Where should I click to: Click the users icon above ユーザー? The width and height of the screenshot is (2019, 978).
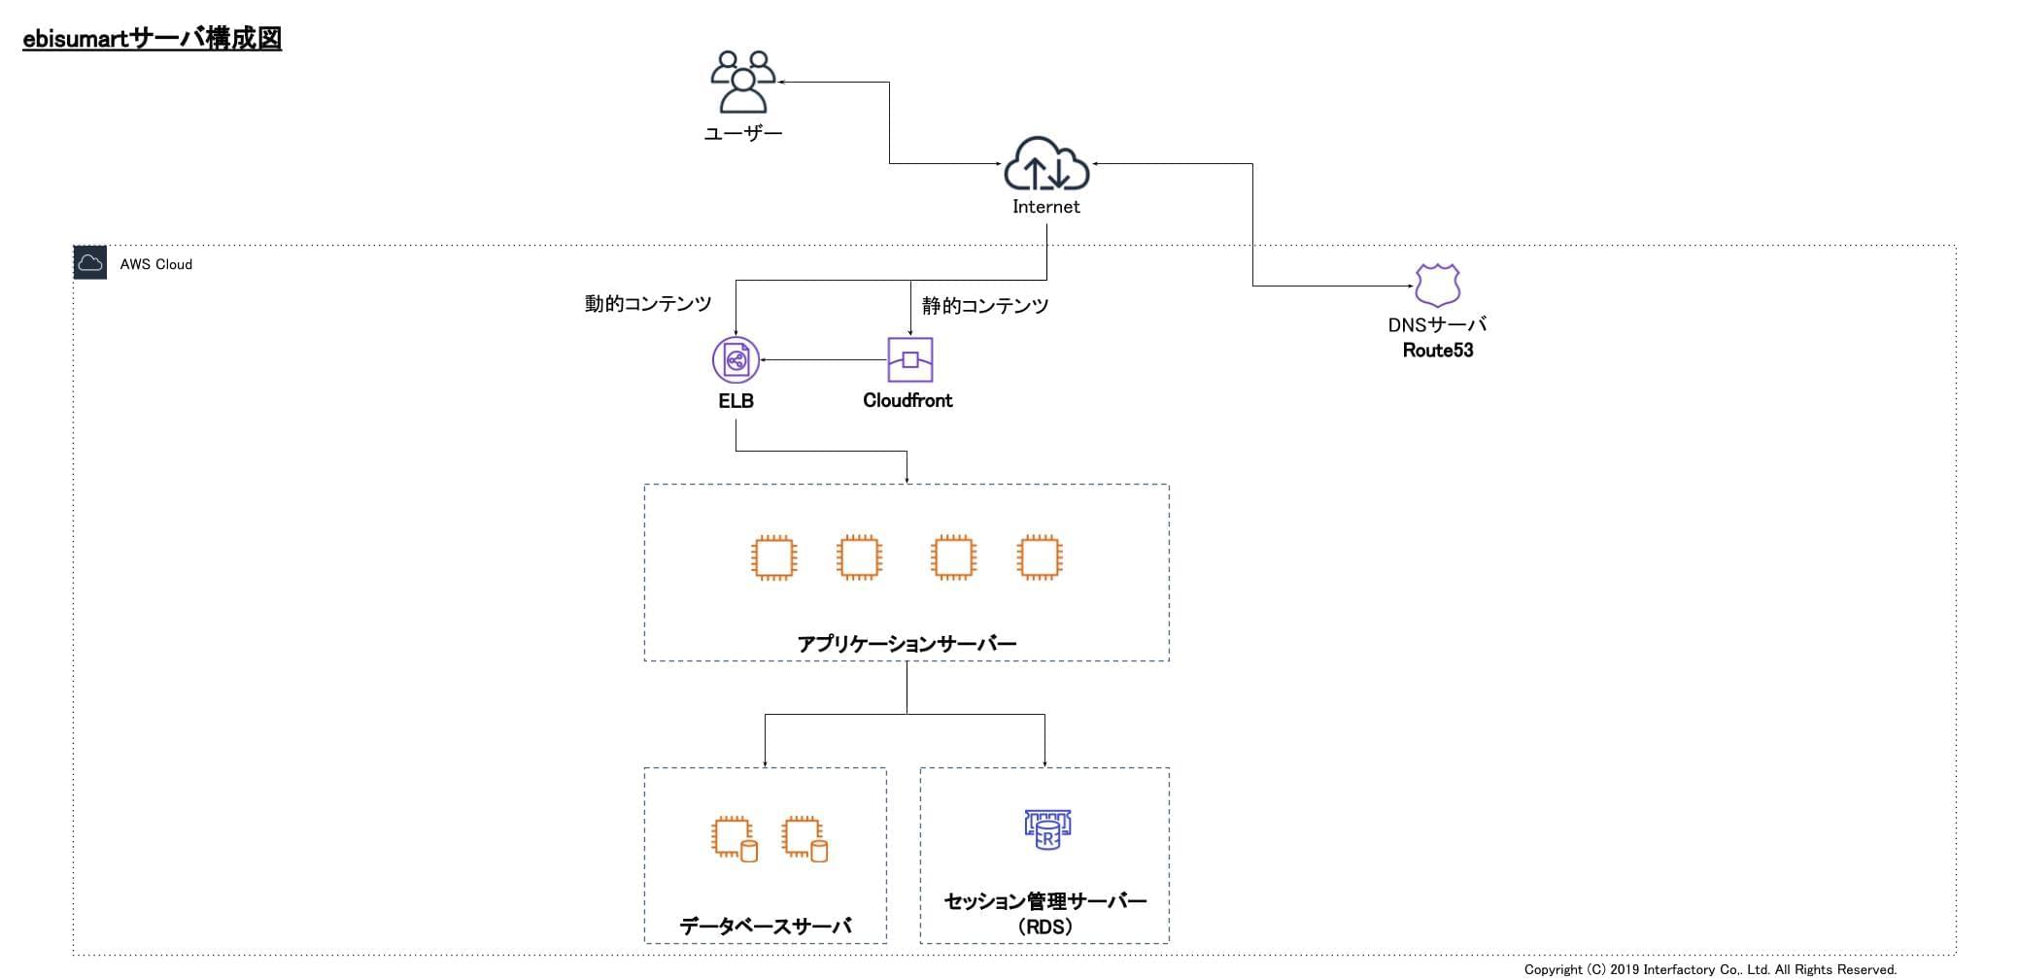point(743,83)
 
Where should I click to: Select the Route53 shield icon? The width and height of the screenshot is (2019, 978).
point(1437,286)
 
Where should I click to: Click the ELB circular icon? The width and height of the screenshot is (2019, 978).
point(736,360)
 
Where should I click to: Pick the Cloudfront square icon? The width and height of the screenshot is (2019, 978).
point(909,360)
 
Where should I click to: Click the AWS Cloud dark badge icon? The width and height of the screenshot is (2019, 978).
point(90,263)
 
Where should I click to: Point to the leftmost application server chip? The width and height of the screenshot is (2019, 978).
point(774,558)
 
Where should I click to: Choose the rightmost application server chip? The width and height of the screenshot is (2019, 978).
point(1039,558)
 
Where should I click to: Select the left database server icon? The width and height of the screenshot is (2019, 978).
point(734,840)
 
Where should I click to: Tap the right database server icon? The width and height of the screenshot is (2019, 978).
point(804,840)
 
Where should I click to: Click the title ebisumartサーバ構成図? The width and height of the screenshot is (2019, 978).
point(152,39)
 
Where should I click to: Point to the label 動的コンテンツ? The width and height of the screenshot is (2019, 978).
point(648,304)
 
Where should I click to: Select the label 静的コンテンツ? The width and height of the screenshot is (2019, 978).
point(985,306)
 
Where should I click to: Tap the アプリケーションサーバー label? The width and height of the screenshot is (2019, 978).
point(907,644)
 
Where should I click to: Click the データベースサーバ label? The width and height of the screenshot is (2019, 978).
point(766,927)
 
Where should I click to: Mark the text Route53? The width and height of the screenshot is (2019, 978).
point(1437,351)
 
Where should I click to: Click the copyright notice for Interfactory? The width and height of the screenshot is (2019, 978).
point(1709,969)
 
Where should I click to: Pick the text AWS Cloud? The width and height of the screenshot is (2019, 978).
point(155,264)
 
